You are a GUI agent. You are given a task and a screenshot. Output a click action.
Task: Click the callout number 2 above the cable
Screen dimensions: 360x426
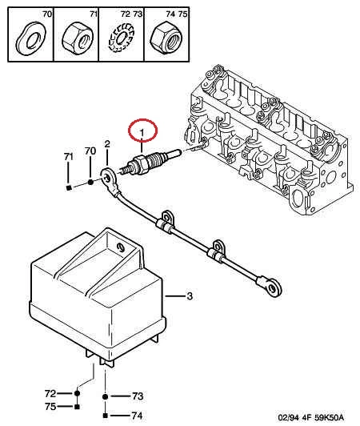[x=107, y=144]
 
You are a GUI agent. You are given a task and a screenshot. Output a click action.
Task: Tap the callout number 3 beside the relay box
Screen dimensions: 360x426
[x=190, y=295]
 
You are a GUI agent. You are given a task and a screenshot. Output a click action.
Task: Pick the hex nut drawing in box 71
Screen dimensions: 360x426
[x=78, y=38]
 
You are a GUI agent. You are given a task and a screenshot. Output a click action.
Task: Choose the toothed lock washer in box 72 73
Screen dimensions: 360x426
[x=122, y=38]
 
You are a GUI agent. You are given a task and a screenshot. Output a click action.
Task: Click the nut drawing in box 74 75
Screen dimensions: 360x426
[x=166, y=37]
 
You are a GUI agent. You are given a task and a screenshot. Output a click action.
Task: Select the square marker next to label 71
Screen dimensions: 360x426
[x=69, y=187]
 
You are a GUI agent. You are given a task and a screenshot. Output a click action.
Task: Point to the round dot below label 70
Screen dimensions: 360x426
[x=90, y=182]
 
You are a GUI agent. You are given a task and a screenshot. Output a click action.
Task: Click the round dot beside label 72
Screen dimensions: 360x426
[x=77, y=393]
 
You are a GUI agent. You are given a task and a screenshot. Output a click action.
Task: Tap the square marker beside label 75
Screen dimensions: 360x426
[x=77, y=407]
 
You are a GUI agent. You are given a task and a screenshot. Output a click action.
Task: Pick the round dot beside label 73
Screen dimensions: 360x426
[x=105, y=396]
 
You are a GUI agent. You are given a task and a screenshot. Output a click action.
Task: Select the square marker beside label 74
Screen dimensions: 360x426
[x=106, y=416]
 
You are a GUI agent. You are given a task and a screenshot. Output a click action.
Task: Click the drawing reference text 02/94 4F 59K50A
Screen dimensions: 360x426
[x=310, y=417]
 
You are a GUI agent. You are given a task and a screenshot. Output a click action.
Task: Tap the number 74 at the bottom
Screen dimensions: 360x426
[x=137, y=416]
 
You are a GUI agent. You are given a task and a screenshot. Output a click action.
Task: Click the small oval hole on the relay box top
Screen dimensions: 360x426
[x=120, y=247]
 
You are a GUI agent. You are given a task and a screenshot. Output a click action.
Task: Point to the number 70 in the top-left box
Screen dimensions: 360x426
[x=47, y=14]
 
